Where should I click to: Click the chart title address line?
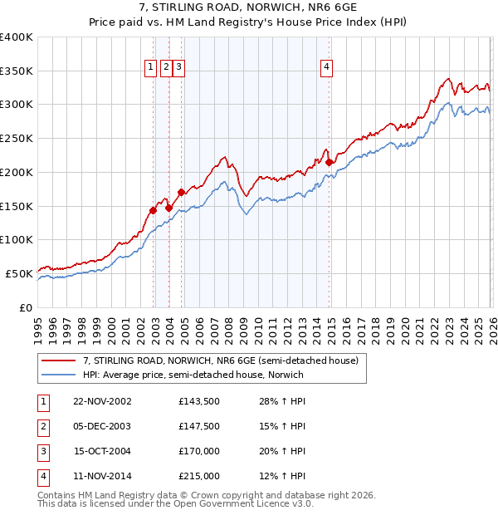[249, 7]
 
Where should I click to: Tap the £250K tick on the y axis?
[17, 139]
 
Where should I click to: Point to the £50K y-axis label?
[19, 273]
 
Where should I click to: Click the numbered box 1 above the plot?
[151, 68]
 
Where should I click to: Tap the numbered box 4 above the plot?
[327, 68]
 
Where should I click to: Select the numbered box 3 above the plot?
[179, 68]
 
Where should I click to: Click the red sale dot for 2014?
[329, 162]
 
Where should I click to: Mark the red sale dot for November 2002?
[154, 210]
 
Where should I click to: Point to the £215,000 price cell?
[198, 476]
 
